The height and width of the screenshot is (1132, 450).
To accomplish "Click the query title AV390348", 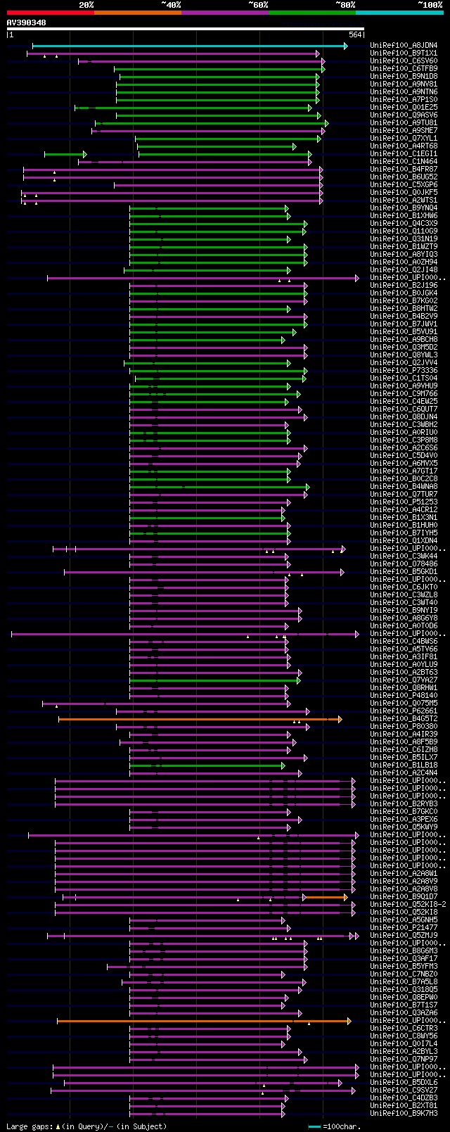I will pos(27,23).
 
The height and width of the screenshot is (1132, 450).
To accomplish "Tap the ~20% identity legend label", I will pos(86,5).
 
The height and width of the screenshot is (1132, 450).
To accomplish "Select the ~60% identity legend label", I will pos(258,5).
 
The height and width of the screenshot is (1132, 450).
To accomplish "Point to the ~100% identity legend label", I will pos(430,5).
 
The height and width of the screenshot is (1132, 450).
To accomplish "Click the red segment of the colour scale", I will pos(50,12).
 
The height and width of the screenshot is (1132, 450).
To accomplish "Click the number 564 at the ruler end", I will pos(355,34).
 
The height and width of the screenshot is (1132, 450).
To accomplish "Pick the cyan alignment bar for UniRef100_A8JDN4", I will pos(190,46).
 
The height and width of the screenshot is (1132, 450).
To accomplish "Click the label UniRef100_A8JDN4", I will pos(404,46).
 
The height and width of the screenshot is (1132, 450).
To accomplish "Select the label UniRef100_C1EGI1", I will pos(404,154).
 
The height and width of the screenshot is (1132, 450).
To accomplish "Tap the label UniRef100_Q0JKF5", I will pos(404,193).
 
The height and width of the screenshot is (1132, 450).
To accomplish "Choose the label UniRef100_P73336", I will pos(404,371).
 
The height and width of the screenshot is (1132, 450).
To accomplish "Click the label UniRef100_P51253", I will pos(404,502).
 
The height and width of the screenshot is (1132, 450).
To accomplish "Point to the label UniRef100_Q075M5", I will pos(404,704).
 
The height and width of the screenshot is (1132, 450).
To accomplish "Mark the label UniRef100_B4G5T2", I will pos(404,719).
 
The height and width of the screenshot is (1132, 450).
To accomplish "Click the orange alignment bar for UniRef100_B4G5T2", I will pos(197,719).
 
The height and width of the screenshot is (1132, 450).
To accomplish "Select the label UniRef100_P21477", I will pos(404,928).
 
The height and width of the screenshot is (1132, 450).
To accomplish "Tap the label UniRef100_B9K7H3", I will pos(404,1114).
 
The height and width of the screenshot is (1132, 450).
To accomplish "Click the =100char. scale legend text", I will pos(342,1127).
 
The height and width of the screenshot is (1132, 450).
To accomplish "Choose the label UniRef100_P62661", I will pos(404,711).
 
